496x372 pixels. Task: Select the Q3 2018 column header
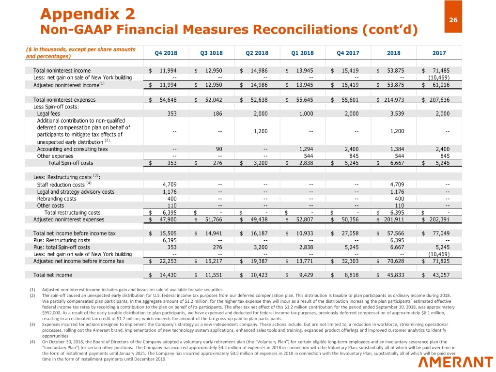[x=211, y=53]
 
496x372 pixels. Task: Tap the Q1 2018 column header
[x=302, y=53]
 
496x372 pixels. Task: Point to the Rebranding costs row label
[x=57, y=199]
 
